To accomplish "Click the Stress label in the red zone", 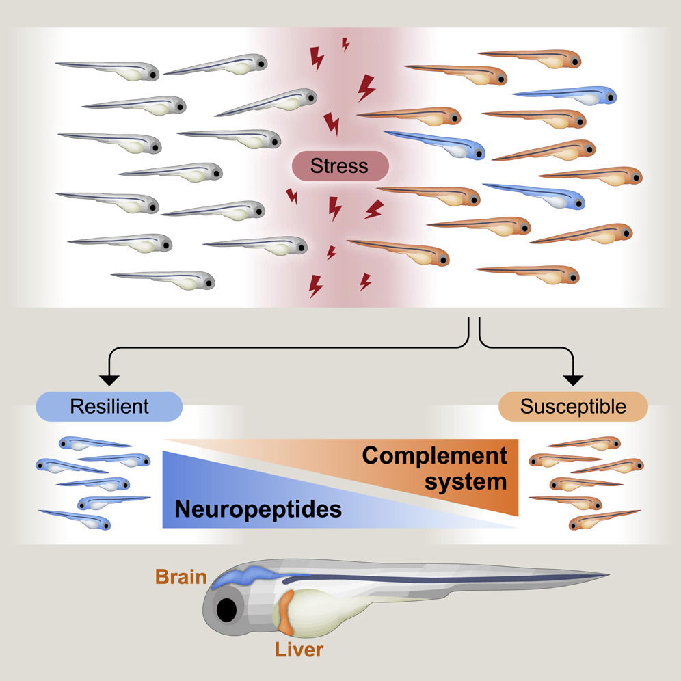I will [x=339, y=165].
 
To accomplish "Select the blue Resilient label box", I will [x=109, y=406].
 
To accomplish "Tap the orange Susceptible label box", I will [x=573, y=406].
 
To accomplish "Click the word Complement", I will [x=435, y=456].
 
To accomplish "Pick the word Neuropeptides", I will [x=258, y=509].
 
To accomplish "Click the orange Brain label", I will [x=181, y=576].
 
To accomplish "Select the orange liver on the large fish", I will [x=286, y=611].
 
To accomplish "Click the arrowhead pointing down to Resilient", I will [x=109, y=380].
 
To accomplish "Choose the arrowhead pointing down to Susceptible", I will [x=573, y=380].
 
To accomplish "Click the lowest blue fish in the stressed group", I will [x=540, y=195].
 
